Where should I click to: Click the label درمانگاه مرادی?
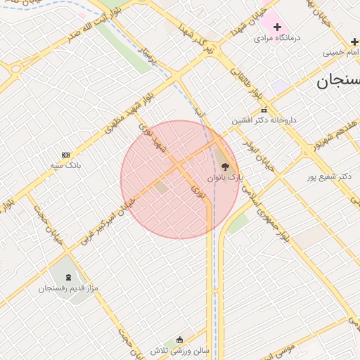point(277,37)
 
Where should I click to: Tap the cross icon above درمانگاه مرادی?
point(277,27)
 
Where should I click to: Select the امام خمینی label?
point(342,52)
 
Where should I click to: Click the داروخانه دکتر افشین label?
point(264,120)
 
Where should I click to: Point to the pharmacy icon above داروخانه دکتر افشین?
point(264,110)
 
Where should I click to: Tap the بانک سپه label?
point(66,165)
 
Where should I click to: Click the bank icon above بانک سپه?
point(66,155)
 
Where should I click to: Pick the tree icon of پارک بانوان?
point(225,167)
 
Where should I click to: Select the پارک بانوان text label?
point(229,178)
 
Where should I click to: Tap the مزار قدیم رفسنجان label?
point(68,288)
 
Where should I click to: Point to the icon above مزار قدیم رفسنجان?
point(68,278)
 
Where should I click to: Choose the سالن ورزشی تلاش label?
point(180,350)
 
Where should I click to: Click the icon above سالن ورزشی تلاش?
point(180,340)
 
